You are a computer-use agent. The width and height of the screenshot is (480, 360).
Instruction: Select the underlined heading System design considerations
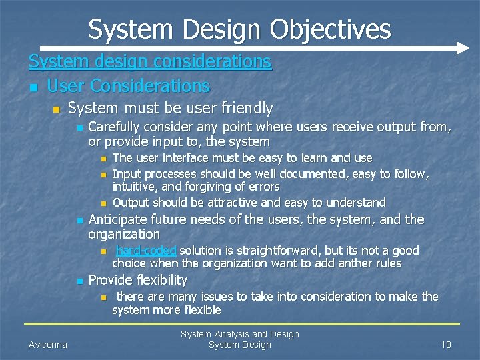tap(150, 62)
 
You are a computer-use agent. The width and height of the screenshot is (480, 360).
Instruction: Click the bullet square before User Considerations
tap(33, 87)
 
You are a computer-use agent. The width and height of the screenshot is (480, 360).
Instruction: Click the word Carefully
tap(116, 127)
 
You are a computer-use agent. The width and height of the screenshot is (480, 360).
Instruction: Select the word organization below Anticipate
tap(124, 235)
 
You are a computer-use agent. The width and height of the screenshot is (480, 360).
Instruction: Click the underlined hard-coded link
tap(146, 251)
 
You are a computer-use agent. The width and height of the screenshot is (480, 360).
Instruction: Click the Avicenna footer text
tap(47, 345)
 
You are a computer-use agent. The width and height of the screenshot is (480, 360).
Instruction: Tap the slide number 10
tap(446, 345)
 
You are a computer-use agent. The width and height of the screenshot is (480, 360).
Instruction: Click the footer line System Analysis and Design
tap(240, 334)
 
